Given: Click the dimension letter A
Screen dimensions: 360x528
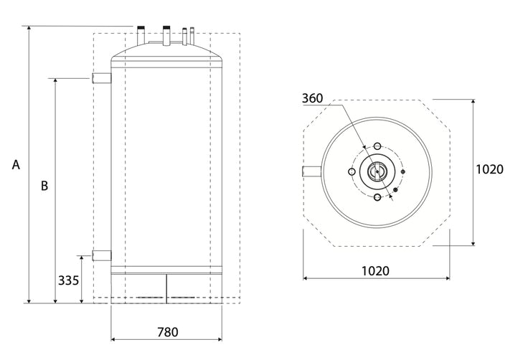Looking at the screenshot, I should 16,164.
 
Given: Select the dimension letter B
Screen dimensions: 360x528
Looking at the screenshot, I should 44,185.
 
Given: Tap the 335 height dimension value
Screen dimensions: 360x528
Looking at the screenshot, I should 70,280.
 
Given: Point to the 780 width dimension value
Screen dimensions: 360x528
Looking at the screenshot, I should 167,332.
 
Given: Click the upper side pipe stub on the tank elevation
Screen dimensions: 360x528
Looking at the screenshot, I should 101,77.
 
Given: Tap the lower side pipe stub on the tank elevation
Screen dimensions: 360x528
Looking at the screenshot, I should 101,255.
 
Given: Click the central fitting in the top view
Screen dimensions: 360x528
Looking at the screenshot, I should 377,171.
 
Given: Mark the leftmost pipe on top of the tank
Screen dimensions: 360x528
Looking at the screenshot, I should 140,34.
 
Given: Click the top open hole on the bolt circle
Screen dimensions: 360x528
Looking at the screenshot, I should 377,146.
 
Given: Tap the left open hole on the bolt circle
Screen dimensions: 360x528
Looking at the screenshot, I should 350,171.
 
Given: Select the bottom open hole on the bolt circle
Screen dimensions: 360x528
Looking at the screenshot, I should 377,198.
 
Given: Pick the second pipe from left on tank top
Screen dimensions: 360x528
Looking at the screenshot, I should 166,34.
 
